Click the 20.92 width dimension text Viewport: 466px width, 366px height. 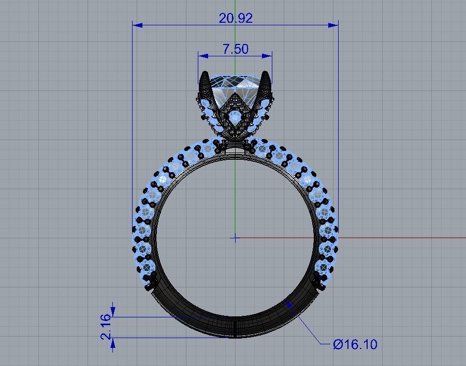click(236, 18)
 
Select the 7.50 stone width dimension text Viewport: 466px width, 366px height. click(235, 49)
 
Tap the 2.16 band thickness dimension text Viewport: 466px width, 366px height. click(106, 327)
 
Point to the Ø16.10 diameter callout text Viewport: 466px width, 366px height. click(356, 344)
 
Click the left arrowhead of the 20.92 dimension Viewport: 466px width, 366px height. click(136, 24)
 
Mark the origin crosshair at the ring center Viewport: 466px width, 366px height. click(236, 238)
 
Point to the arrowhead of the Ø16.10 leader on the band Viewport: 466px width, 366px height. click(290, 306)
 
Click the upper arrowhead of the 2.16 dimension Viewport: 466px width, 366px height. click(113, 313)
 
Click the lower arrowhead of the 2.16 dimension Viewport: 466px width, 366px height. click(113, 341)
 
